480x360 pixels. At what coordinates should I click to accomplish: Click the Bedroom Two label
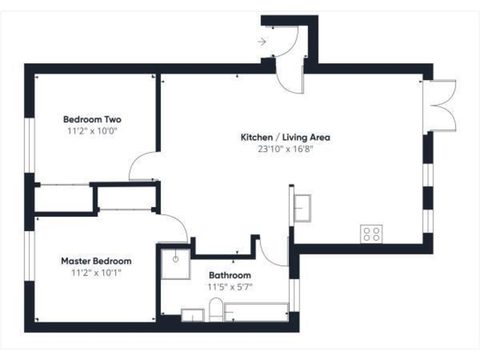point(92,119)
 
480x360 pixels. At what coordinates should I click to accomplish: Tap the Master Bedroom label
point(96,261)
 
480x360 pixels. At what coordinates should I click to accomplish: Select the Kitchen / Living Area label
point(286,137)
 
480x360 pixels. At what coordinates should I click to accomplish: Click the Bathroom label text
point(229,275)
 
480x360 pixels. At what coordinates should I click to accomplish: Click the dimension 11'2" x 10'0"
point(92,131)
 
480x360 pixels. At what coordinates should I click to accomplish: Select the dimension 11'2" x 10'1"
point(96,272)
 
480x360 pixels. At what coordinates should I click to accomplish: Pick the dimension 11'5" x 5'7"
point(229,287)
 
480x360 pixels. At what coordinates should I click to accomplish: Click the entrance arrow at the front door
point(262,42)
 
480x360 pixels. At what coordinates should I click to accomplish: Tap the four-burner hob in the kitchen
point(371,234)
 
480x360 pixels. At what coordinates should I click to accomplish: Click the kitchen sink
point(302,207)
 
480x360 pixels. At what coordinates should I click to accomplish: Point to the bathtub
point(256,312)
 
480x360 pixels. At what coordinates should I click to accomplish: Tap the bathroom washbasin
point(192,314)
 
